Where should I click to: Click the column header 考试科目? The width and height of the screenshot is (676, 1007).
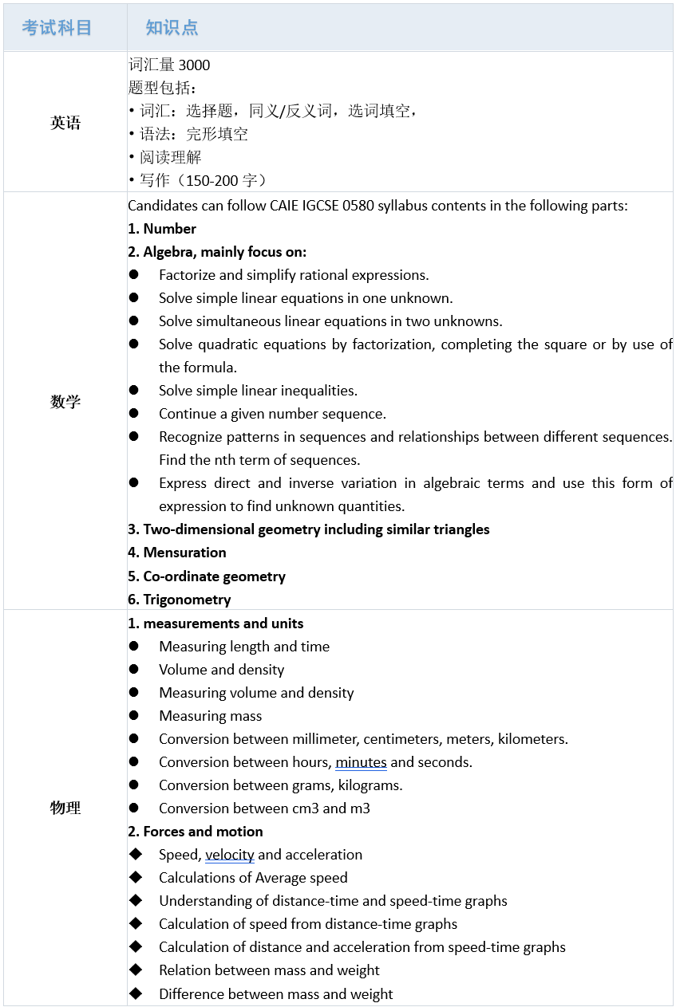57,27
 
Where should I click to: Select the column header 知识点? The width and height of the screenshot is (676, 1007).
172,27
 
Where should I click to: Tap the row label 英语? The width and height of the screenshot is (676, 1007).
65,123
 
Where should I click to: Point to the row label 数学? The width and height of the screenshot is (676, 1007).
65,401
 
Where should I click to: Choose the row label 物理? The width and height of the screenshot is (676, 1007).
65,808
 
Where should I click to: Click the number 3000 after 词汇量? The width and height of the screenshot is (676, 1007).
194,65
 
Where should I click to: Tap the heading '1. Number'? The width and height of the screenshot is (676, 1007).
162,229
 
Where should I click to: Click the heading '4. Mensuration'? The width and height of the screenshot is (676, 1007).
177,553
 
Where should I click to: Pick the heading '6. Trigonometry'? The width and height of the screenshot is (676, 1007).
180,600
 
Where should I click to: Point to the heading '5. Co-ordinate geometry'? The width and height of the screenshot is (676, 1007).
207,576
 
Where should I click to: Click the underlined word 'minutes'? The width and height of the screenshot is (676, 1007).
361,762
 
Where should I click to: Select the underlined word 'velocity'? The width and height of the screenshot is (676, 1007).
230,855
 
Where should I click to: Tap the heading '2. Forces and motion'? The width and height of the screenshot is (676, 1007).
196,832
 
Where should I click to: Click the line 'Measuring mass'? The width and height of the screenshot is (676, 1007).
210,716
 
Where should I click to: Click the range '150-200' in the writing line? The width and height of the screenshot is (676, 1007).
211,180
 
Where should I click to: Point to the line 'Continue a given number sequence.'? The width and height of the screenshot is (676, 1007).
272,414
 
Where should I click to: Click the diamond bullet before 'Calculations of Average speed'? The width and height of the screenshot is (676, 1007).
135,877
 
